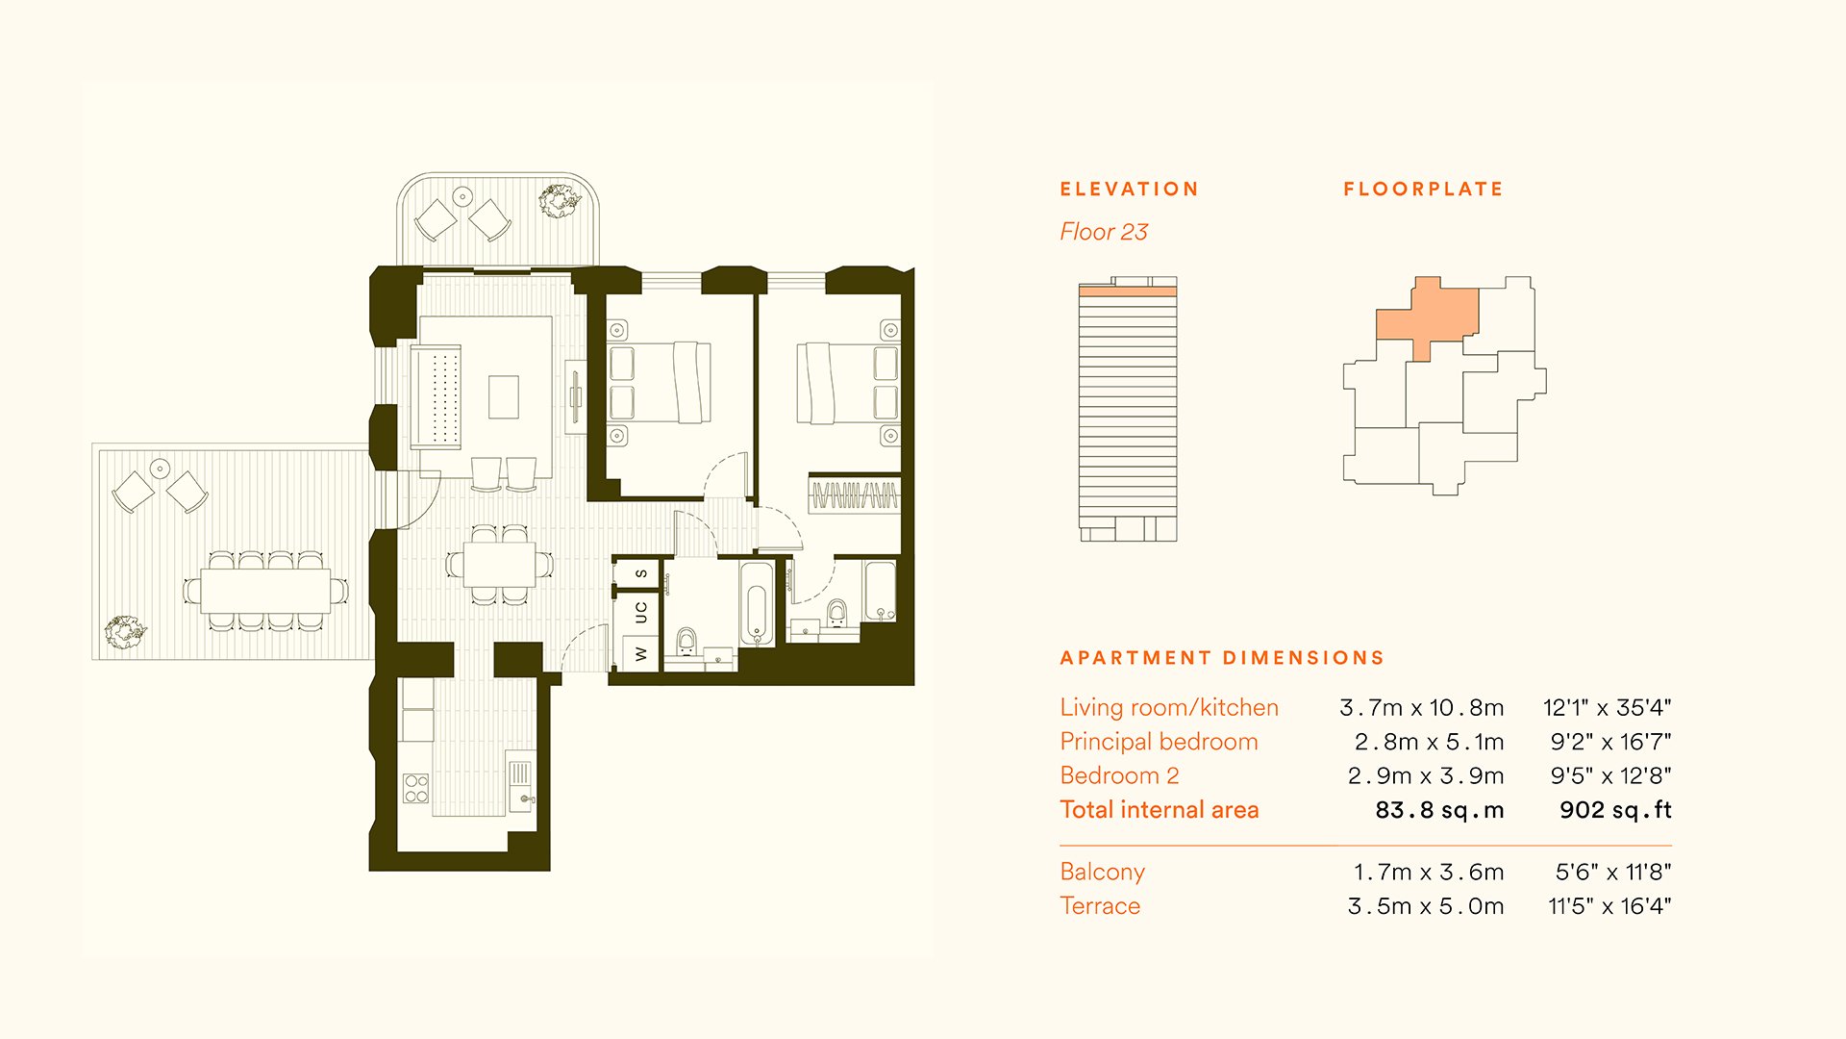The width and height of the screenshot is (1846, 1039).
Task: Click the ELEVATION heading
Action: (x=1129, y=190)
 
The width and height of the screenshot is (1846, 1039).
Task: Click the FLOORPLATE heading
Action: (x=1423, y=190)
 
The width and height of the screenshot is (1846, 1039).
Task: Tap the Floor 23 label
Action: (x=1104, y=232)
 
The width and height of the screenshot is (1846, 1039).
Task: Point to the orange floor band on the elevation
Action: (x=1128, y=291)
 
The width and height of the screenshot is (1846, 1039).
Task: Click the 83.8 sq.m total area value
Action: (x=1439, y=810)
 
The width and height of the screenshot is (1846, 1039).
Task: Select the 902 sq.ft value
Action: (x=1615, y=810)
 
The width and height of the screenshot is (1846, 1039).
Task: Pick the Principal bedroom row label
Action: (x=1159, y=742)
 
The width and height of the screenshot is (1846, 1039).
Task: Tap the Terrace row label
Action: (x=1100, y=906)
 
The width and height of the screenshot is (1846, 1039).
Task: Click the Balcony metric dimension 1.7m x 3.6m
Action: (x=1429, y=873)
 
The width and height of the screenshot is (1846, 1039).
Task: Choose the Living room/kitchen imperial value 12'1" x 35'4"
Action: (x=1608, y=708)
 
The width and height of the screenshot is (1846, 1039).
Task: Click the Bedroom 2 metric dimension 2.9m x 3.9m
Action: (x=1426, y=776)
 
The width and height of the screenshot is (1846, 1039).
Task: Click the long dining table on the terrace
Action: (x=265, y=591)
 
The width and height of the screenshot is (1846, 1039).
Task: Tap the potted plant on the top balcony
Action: (x=559, y=200)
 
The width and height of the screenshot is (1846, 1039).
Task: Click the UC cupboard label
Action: (x=640, y=612)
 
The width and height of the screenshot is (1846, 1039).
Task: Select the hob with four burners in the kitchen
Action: (x=416, y=789)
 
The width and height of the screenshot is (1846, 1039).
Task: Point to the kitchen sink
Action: (x=520, y=783)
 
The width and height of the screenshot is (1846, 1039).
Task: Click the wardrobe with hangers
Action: (x=854, y=495)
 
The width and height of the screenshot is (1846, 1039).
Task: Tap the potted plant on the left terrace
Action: (x=125, y=631)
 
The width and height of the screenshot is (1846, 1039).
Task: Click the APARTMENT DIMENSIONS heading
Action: (x=1222, y=658)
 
